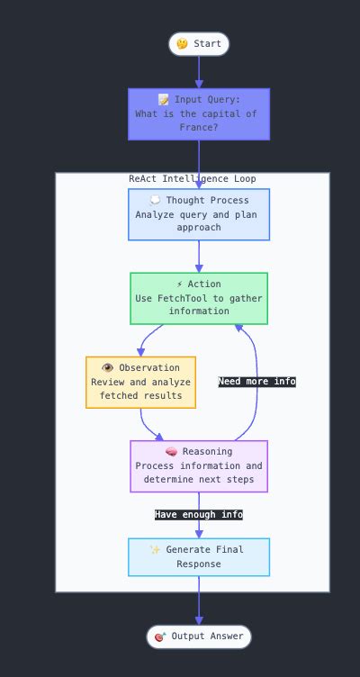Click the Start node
click(199, 44)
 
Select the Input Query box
click(199, 113)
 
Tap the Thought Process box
click(199, 214)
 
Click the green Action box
click(199, 298)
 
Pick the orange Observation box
click(140, 382)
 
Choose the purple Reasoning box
click(199, 465)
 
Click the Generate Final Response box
click(199, 556)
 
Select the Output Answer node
click(199, 636)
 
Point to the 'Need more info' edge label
click(256, 382)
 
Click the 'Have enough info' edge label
click(199, 515)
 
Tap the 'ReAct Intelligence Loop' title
click(192, 179)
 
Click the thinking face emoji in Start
click(182, 44)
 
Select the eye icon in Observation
click(107, 368)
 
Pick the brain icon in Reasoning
click(171, 452)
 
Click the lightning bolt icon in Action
click(180, 284)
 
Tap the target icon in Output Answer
click(160, 636)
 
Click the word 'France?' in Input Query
click(199, 127)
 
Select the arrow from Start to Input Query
click(199, 72)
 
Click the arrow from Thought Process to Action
click(199, 257)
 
